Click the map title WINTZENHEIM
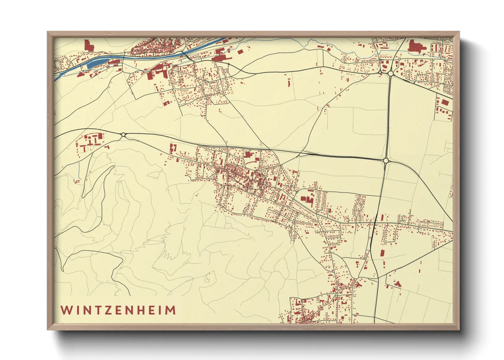pos(118,310)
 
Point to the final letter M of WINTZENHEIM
pos(171,310)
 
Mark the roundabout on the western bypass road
pos(123,135)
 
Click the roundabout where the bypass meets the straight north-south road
pos(386,160)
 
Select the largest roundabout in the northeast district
pos(391,73)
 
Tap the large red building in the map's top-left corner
pos(88,46)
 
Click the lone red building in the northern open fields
pos(289,83)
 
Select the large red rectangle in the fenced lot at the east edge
pos(444,102)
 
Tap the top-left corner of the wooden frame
pos(49,33)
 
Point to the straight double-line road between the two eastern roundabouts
pos(389,116)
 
